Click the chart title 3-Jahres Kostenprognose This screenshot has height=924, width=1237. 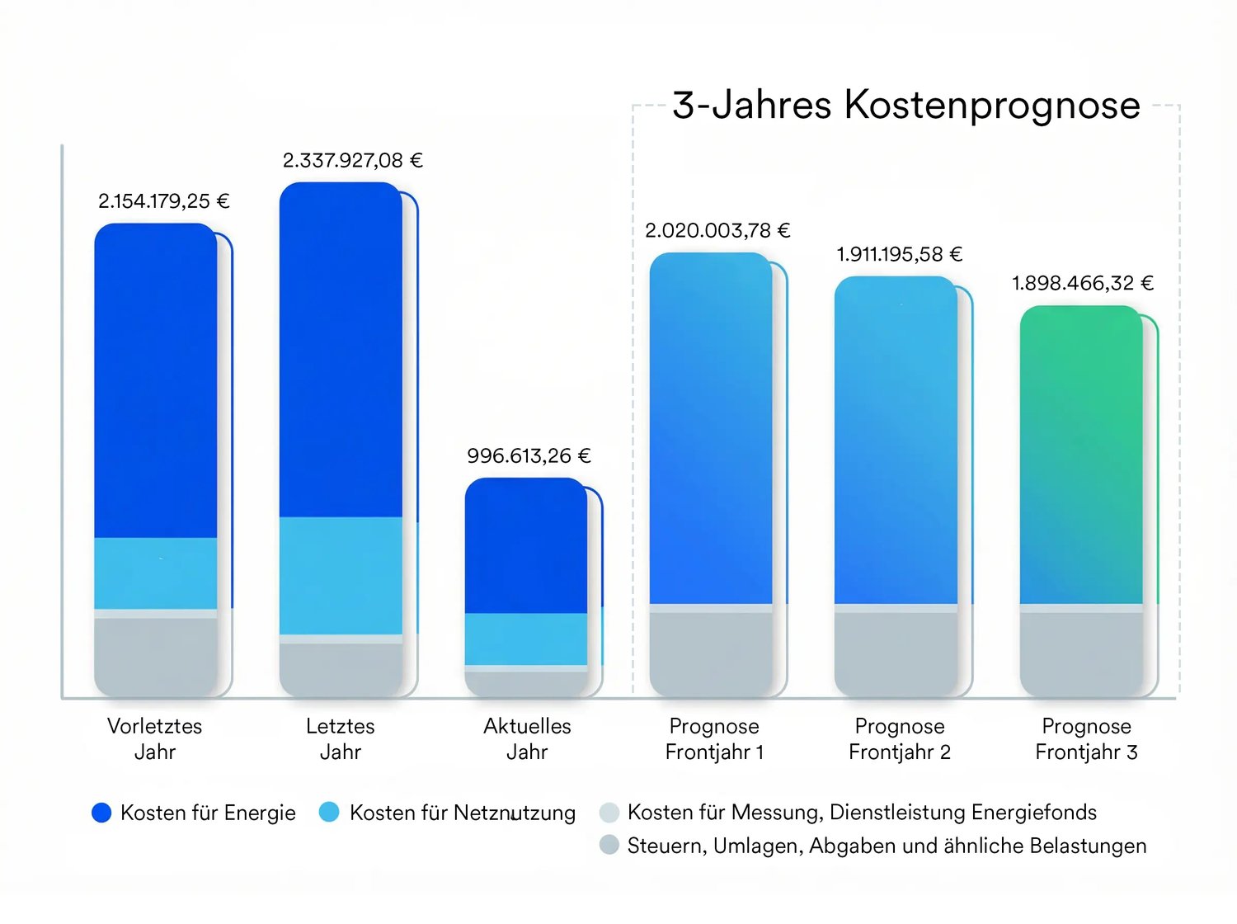[906, 106]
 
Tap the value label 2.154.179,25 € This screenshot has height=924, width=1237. [164, 201]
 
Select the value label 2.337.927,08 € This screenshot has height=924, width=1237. [353, 160]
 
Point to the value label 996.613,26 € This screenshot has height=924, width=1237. [529, 455]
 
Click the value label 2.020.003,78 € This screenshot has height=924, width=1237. [717, 230]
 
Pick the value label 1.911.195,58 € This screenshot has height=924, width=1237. [900, 254]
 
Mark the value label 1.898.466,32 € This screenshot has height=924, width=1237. [1083, 283]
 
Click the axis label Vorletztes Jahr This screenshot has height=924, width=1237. [155, 738]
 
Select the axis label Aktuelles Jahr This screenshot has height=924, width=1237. [527, 738]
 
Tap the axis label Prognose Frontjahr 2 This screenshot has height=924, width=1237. [900, 738]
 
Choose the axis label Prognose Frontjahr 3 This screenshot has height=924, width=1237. [1086, 738]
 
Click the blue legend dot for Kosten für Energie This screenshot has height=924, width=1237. [101, 813]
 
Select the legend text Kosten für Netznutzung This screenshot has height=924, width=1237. [463, 813]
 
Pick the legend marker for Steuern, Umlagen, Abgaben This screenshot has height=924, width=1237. [609, 845]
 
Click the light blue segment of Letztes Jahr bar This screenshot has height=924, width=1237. [341, 575]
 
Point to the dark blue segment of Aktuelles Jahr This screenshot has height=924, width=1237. [526, 546]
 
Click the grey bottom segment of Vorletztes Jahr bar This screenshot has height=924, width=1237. [155, 656]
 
